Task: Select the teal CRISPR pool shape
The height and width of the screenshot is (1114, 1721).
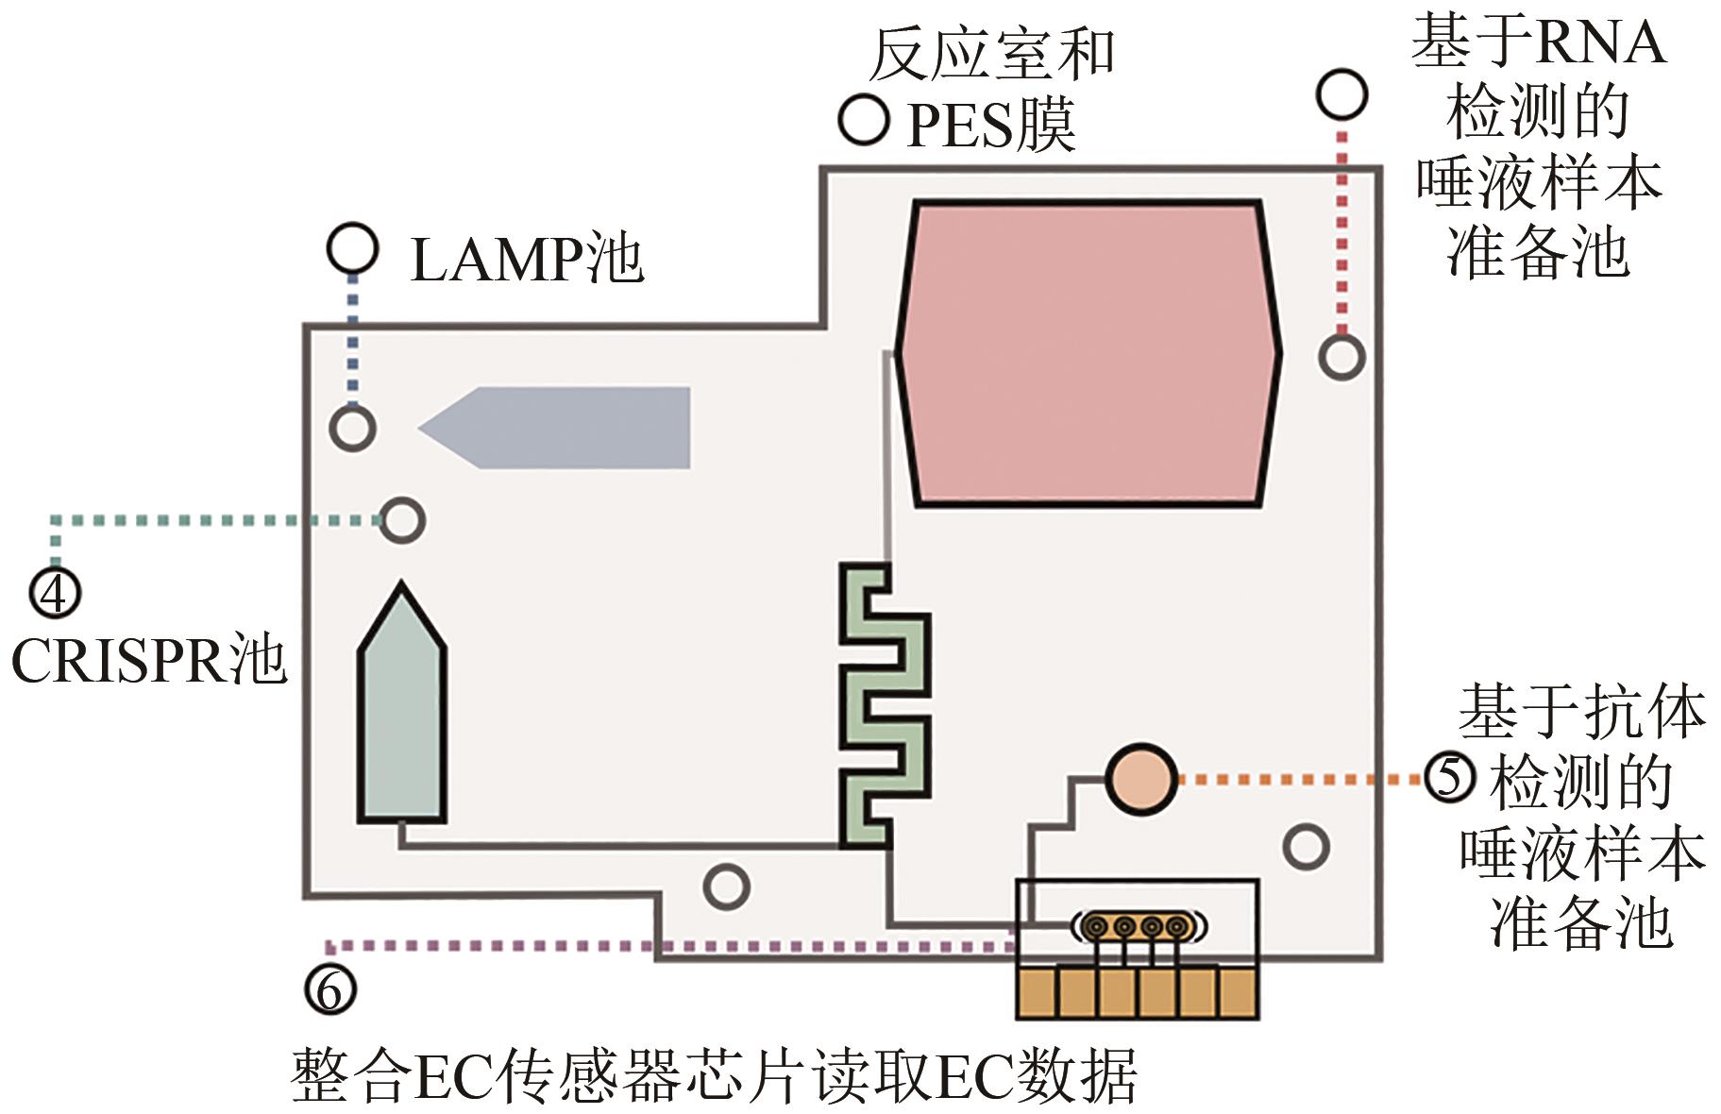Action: (x=402, y=717)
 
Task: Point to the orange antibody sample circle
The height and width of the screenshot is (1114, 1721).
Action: (x=1140, y=779)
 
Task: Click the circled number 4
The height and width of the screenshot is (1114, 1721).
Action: (x=56, y=593)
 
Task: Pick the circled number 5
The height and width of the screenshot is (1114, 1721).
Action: (x=1450, y=778)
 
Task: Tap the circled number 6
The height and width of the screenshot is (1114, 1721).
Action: (x=330, y=989)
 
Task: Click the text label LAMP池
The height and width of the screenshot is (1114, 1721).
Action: (x=527, y=260)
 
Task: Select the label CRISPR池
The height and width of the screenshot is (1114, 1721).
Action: (x=148, y=660)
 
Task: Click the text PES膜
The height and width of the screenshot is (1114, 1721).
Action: (x=991, y=125)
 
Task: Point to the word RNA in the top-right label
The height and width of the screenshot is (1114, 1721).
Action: (x=1601, y=43)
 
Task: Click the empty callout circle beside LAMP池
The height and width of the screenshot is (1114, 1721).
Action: (x=352, y=248)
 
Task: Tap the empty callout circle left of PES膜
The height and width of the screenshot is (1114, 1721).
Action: (x=864, y=120)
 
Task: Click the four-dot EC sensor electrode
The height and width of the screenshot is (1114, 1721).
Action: (x=1137, y=927)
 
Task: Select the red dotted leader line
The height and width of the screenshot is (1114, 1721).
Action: (x=1342, y=236)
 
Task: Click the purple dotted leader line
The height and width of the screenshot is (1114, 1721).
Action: (x=661, y=945)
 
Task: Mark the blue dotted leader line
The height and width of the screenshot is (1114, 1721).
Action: (x=352, y=340)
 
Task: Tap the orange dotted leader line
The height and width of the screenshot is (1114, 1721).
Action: (x=1303, y=780)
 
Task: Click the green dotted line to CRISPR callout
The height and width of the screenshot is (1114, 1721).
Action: (x=208, y=520)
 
